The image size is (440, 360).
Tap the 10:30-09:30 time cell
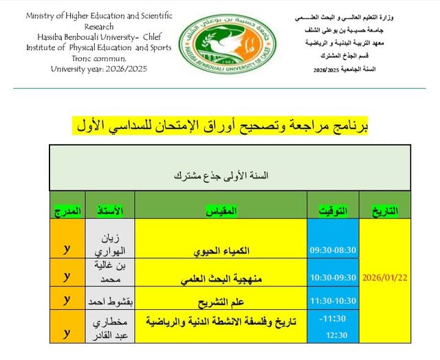[x=333, y=277]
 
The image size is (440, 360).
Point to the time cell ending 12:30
[x=333, y=326]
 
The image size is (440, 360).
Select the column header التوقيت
[x=333, y=210]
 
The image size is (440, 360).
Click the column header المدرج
[x=67, y=210]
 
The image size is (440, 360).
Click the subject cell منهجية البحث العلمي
[x=222, y=278]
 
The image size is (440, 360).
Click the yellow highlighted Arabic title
[x=220, y=127]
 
